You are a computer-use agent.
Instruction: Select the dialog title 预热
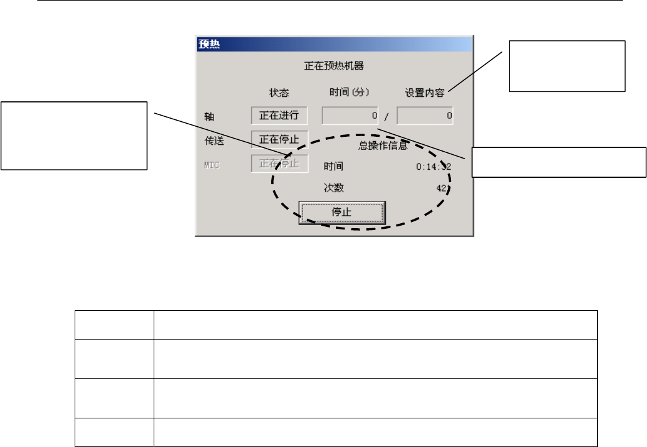208,45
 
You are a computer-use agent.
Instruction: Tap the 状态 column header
279,92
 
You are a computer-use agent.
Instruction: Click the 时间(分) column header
350,92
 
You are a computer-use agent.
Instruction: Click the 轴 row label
209,116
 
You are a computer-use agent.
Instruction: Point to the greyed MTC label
213,165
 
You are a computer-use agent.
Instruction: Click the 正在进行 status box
279,116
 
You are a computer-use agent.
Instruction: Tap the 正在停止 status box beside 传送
279,140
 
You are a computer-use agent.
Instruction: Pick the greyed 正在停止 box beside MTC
279,164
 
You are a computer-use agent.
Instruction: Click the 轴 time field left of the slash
350,116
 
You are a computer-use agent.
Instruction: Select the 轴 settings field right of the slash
425,116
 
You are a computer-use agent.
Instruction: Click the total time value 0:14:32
434,167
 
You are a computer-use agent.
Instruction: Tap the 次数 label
333,188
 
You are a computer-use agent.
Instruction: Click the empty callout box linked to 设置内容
567,66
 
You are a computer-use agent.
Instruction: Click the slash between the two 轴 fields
387,117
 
